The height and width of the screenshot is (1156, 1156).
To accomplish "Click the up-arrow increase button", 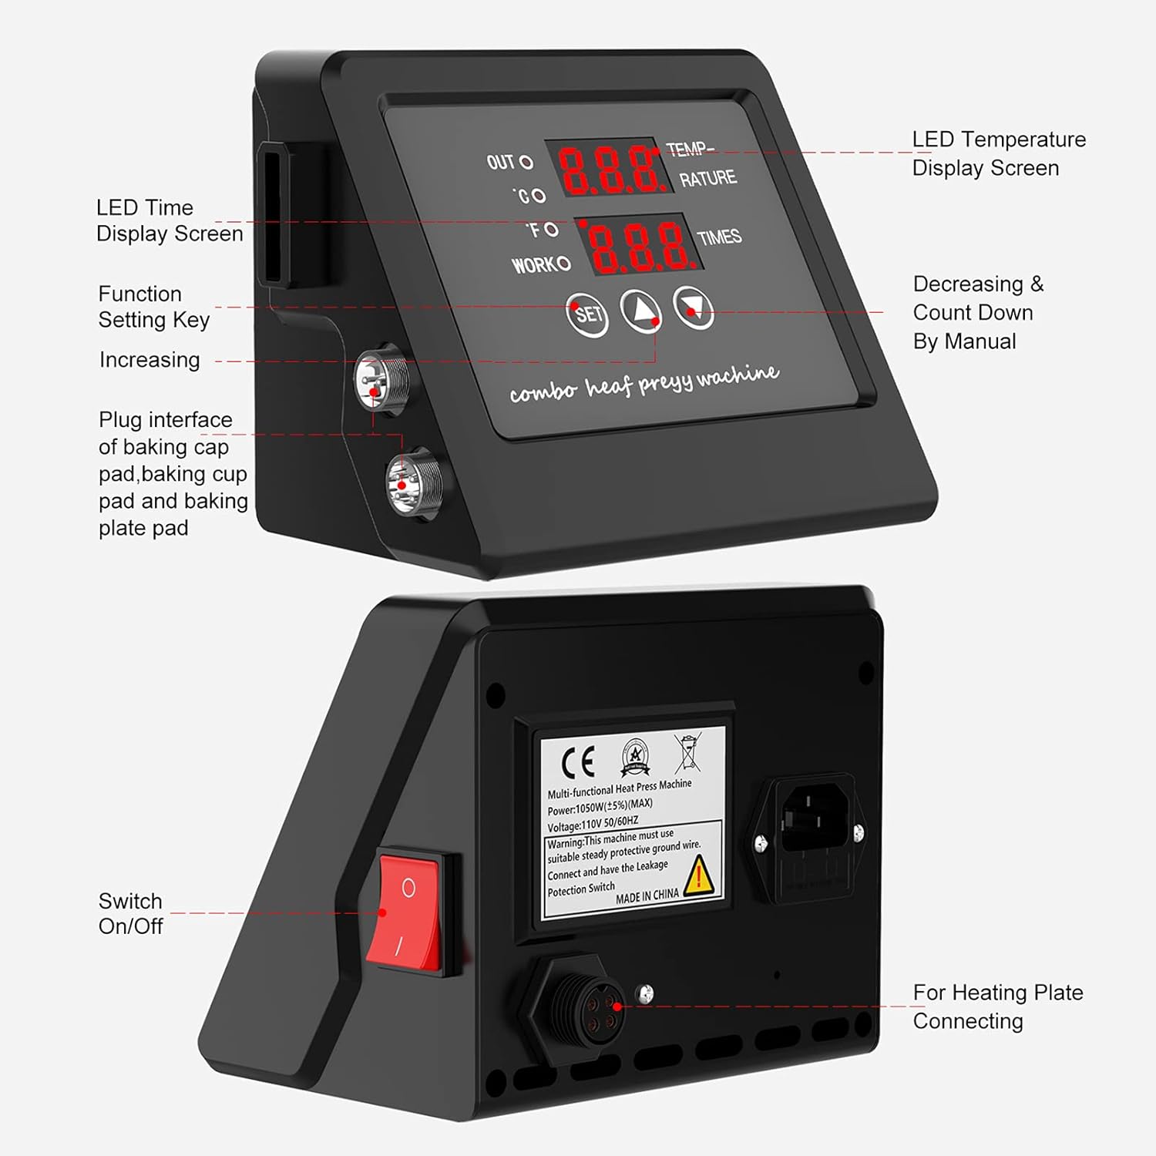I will (640, 311).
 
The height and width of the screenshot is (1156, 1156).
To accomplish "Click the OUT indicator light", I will (526, 162).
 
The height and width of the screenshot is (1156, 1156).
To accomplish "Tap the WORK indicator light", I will (563, 264).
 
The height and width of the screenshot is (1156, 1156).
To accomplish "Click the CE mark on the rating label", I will (578, 763).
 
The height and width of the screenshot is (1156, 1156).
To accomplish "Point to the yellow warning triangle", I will (700, 876).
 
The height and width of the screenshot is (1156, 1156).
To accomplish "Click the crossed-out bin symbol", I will (687, 753).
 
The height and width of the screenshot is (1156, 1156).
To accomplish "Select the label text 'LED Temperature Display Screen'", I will (998, 153).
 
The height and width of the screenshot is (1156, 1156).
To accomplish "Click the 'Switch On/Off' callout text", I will (130, 913).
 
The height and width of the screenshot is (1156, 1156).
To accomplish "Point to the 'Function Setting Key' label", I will (153, 307).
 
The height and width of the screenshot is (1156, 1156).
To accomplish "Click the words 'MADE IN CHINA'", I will (647, 896).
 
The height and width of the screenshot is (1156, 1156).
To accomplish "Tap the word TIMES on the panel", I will (719, 237).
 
